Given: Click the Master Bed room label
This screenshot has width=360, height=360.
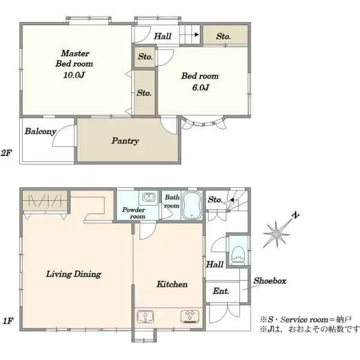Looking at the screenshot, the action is coord(74,58).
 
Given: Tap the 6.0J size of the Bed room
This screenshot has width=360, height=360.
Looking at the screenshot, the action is coord(200,88).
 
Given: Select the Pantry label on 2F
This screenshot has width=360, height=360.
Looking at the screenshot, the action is coord(125,140).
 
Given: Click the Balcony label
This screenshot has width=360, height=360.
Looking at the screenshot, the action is coord(40,131).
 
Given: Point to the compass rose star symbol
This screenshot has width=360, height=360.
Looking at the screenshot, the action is coord(277,234).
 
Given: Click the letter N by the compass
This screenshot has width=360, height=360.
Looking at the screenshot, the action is coord(295,215).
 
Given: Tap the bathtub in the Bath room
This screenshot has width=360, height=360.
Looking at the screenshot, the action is coord(192,205).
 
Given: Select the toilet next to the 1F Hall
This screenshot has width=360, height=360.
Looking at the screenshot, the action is coord(238,254).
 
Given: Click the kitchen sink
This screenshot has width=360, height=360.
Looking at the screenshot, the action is coord(145,317).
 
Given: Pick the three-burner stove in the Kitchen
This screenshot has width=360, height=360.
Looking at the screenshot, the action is coord(190,317).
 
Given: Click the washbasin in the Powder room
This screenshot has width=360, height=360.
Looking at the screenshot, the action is coord(149,197).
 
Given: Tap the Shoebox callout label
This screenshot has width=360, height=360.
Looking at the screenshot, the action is coord(270,281).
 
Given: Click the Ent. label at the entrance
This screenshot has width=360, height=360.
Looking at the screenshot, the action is coord(221,291).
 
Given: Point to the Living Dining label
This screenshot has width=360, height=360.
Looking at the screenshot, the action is coord(74,274).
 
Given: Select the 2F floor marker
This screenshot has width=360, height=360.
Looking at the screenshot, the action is coord(7,152).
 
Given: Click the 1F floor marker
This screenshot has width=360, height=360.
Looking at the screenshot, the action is coord(8,321).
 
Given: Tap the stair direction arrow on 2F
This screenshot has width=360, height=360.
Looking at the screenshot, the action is coord(190,35).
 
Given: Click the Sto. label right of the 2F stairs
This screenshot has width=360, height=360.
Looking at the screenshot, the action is coord(223,36).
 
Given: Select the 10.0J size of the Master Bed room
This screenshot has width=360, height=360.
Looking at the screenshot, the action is coord(74,75).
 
